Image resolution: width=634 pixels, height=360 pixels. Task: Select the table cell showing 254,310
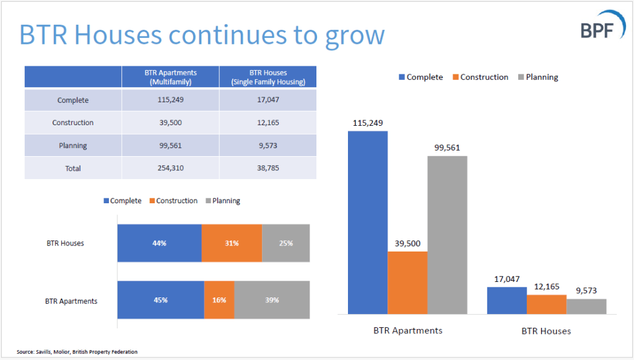pos(170,168)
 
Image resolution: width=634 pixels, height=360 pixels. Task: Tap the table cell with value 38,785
pos(268,168)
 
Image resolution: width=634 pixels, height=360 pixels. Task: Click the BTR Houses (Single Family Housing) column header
pos(268,77)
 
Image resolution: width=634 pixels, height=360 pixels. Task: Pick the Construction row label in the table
pos(73,123)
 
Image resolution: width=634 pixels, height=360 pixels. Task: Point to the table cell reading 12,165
pos(268,123)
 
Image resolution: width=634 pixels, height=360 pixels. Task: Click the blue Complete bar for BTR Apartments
pos(368,223)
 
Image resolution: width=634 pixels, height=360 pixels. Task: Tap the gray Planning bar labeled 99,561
pos(447,235)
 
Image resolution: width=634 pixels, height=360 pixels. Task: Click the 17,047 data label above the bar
pos(506,279)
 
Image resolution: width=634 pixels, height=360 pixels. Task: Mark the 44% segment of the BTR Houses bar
pos(160,243)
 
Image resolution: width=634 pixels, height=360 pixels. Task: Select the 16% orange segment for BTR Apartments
pos(219,300)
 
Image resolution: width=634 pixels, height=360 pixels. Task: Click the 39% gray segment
pos(272,300)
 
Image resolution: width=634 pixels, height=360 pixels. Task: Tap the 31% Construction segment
pos(232,243)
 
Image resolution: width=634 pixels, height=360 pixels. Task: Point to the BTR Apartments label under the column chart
pos(407,330)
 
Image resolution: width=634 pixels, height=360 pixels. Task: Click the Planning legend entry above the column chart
pos(537,77)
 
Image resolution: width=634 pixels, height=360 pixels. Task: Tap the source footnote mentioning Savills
pos(77,352)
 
